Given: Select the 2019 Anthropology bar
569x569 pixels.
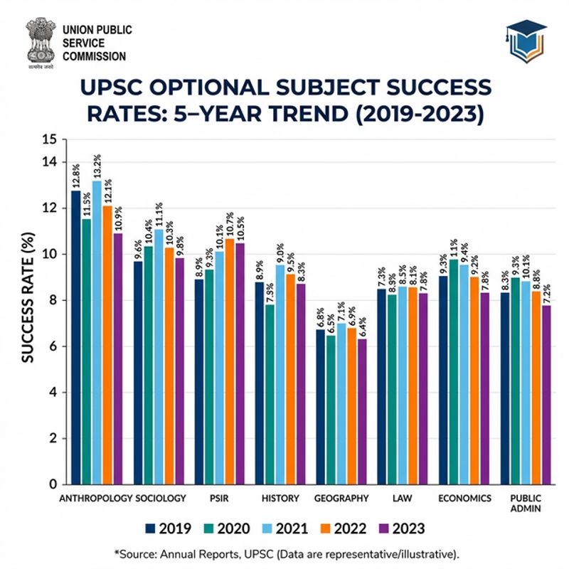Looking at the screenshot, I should [75, 338].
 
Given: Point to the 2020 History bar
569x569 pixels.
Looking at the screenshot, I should [270, 394].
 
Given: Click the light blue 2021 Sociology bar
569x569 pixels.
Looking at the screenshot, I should [159, 356].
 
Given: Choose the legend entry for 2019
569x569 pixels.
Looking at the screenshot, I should [168, 528].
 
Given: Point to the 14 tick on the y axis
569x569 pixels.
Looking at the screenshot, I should [49, 162].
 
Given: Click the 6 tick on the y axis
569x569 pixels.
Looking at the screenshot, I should [49, 346].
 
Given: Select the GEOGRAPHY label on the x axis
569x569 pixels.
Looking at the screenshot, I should [342, 498].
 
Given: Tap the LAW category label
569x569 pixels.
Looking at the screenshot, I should [403, 498].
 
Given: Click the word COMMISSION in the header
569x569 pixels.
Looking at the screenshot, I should [94, 56].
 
